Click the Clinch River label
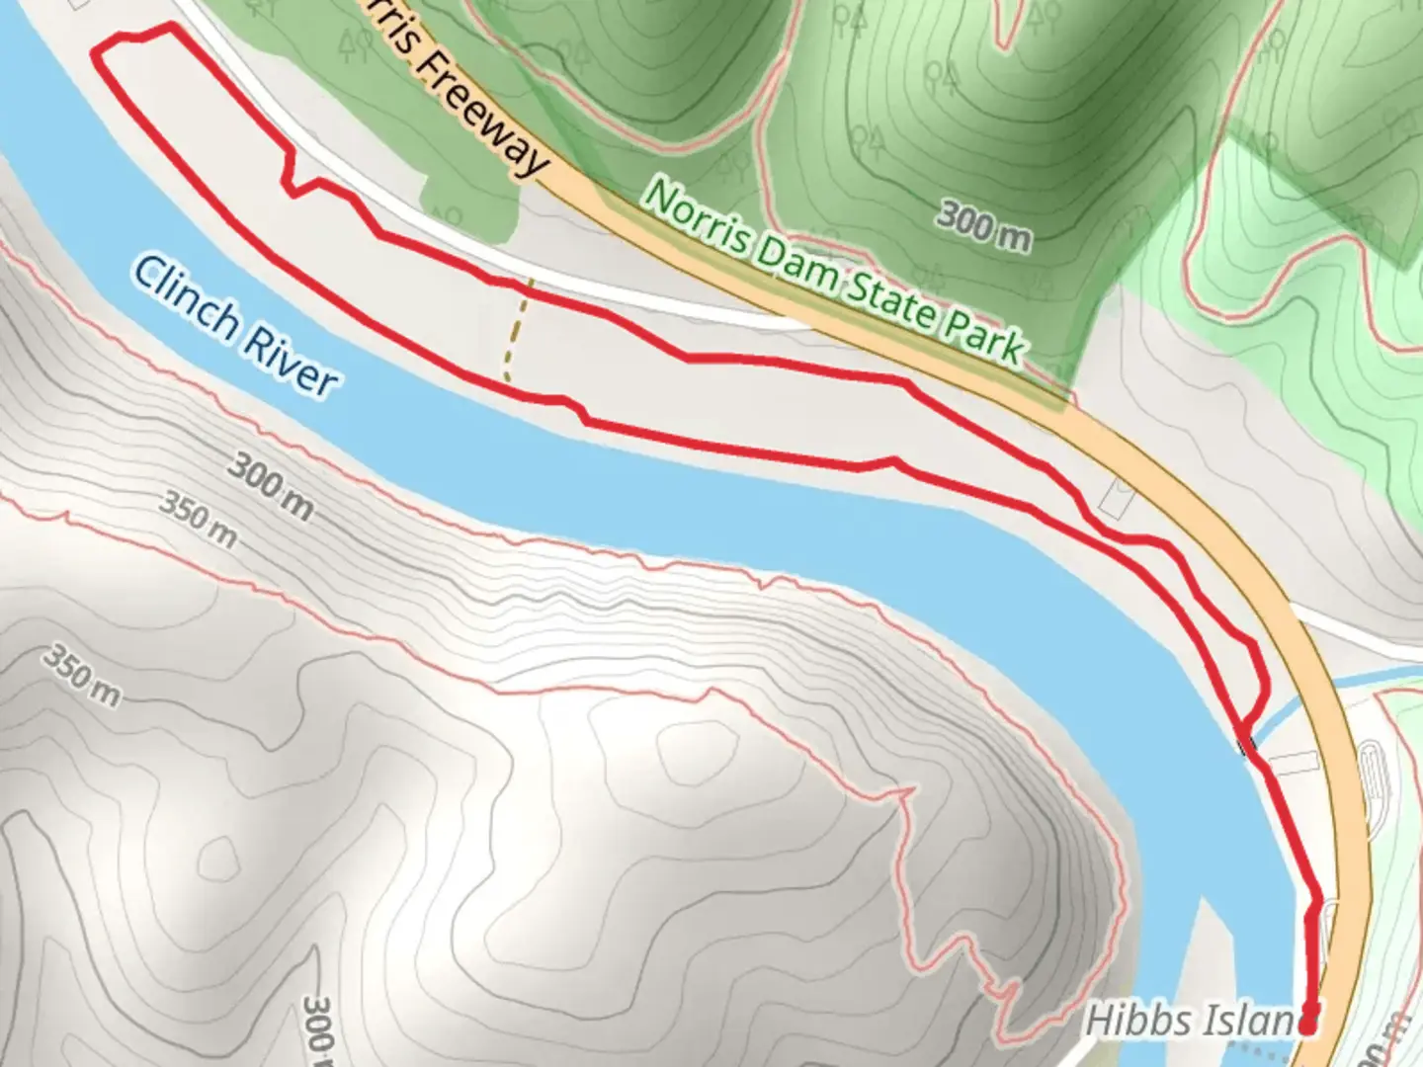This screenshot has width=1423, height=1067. [x=235, y=326]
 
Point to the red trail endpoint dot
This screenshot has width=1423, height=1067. [x=1308, y=1026]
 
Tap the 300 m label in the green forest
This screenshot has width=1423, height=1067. [x=983, y=225]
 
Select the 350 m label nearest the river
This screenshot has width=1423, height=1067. [x=199, y=520]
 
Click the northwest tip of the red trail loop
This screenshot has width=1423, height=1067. [x=97, y=49]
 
